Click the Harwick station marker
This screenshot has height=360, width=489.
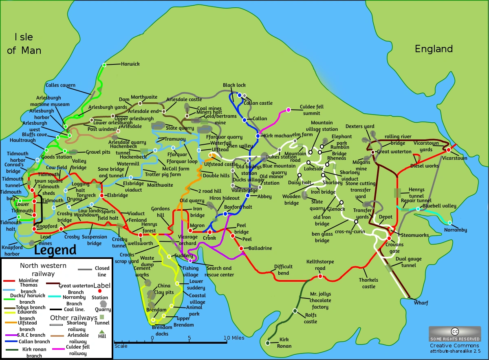104,65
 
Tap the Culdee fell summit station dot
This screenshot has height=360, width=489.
289,110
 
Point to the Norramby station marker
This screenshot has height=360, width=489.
449,223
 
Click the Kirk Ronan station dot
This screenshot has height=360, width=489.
268,343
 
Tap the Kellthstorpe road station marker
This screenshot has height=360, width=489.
320,276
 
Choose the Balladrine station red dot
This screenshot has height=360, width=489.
241,248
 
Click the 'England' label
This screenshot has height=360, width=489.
434,49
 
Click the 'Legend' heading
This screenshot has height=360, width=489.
55,250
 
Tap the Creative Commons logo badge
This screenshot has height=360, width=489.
454,333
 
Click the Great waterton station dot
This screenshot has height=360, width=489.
373,152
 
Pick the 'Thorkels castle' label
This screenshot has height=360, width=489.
368,283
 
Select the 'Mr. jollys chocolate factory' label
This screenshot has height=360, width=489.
319,300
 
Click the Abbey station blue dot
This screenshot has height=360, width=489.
247,196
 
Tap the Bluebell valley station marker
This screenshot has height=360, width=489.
418,209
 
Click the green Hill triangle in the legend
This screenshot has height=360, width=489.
101,331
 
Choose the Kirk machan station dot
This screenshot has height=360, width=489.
258,136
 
